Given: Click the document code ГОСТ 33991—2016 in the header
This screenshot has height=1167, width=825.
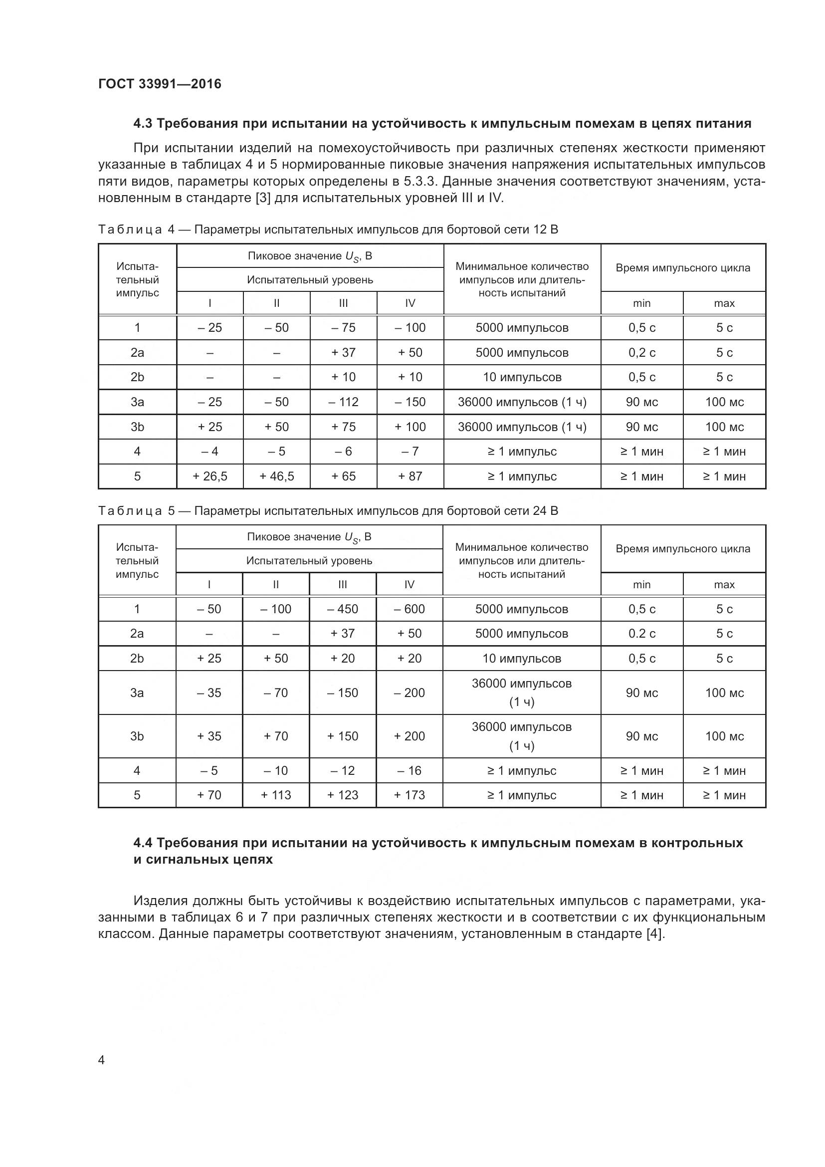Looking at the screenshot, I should tap(160, 84).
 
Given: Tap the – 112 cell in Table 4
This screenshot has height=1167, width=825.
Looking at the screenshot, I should tap(343, 402).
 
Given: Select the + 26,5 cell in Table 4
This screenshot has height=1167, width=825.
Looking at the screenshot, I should tap(210, 476).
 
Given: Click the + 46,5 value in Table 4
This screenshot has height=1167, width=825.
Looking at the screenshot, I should tap(276, 476).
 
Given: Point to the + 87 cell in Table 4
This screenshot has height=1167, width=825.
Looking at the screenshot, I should tap(410, 476).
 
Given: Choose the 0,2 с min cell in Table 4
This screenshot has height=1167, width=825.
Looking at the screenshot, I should tap(641, 353).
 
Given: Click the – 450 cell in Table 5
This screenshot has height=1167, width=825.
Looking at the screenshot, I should tap(342, 609).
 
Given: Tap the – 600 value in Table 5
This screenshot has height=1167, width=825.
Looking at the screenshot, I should tap(409, 609).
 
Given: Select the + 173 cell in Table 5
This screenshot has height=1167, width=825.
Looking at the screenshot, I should tap(409, 795).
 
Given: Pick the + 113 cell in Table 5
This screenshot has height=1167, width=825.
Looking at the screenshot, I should tap(275, 795).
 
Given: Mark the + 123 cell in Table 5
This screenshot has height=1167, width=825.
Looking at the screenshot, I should tap(342, 795).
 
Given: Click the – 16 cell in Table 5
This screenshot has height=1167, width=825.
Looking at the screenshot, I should tap(409, 770).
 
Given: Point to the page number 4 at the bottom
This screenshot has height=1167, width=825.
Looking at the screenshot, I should tap(102, 1060).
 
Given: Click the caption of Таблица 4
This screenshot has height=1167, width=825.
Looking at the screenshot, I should tap(328, 230).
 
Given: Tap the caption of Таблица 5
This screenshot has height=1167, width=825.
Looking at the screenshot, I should tap(328, 511).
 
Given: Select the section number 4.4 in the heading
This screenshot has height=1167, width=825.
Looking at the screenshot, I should tap(143, 843).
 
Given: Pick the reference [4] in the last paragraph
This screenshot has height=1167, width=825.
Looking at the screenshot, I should tap(654, 934).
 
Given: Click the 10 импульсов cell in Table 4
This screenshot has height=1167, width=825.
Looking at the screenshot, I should tap(522, 377).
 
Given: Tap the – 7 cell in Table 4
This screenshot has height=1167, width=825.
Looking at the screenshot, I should tap(410, 452).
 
